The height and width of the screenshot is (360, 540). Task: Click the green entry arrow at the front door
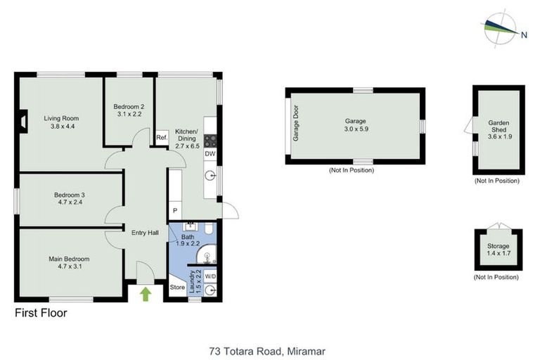click(146, 293)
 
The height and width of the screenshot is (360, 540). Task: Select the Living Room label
click(60, 118)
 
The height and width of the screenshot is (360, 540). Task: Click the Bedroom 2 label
click(129, 107)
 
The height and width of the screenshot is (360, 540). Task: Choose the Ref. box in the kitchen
click(161, 138)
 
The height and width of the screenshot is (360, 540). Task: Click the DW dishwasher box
click(210, 153)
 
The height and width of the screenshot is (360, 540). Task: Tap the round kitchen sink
click(210, 176)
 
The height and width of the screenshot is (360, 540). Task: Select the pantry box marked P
click(174, 211)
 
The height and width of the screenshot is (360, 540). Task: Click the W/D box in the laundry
click(210, 276)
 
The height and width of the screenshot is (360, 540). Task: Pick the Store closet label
click(177, 287)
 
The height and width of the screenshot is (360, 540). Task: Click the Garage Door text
click(296, 124)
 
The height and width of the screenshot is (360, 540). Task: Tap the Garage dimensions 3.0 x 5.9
click(355, 129)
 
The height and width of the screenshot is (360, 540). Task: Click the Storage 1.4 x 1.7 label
click(498, 250)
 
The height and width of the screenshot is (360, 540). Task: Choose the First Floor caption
click(41, 313)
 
